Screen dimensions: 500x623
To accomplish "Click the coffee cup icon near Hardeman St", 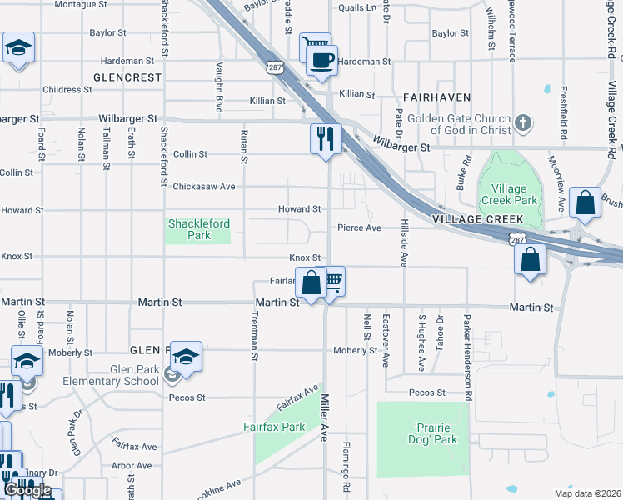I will click(321, 60).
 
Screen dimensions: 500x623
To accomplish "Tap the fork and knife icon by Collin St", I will click(326, 137).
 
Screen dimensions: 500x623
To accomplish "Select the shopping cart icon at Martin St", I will click(332, 282).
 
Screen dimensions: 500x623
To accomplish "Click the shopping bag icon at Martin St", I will click(311, 282).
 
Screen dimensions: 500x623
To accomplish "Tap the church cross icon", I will click(522, 123).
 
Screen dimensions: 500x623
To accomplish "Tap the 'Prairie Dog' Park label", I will click(434, 433).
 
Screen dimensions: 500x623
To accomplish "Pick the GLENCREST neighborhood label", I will click(127, 77).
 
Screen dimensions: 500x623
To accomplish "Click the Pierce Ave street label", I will click(359, 227).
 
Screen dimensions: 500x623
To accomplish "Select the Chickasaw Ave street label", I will click(203, 186).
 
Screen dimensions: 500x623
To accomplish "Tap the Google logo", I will click(28, 489).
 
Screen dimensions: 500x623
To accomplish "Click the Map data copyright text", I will click(588, 492).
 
